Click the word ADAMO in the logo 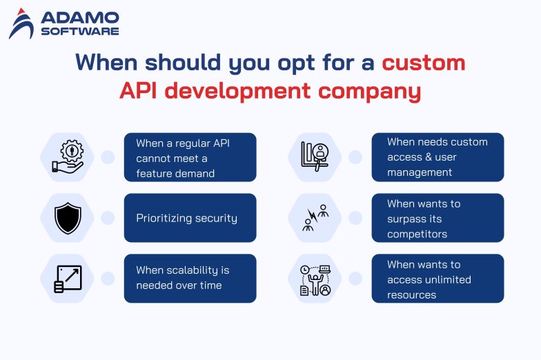(79, 17)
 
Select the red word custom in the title (424, 63)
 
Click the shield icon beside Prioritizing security (68, 218)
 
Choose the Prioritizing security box (190, 218)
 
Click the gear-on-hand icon (68, 157)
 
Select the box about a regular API (190, 157)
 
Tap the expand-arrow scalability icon (68, 279)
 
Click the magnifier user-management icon (315, 157)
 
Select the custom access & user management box (437, 157)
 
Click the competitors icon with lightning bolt (315, 218)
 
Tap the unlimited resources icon (315, 279)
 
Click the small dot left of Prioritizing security (108, 218)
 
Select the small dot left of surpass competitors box (355, 218)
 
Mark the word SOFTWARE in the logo (79, 31)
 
